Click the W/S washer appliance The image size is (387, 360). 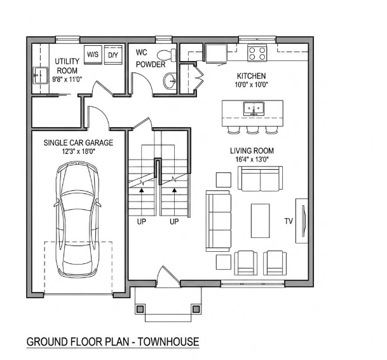93,55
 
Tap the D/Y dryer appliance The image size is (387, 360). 113,55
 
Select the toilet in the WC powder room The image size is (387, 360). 166,55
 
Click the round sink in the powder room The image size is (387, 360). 170,81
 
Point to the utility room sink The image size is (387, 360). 41,75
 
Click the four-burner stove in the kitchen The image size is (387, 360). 257,53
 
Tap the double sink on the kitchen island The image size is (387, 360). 254,109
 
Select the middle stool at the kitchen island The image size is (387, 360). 252,130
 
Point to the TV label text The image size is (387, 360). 289,221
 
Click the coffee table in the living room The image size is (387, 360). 260,221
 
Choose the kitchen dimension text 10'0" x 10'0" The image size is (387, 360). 251,85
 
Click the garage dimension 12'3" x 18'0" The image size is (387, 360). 79,151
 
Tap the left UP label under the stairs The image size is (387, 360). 142,221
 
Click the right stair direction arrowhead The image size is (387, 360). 175,190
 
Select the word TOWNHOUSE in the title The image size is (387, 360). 168,342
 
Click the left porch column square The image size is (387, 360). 140,308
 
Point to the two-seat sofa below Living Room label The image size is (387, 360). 260,178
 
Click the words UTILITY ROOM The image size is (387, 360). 67,66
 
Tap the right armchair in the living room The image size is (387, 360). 275,263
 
